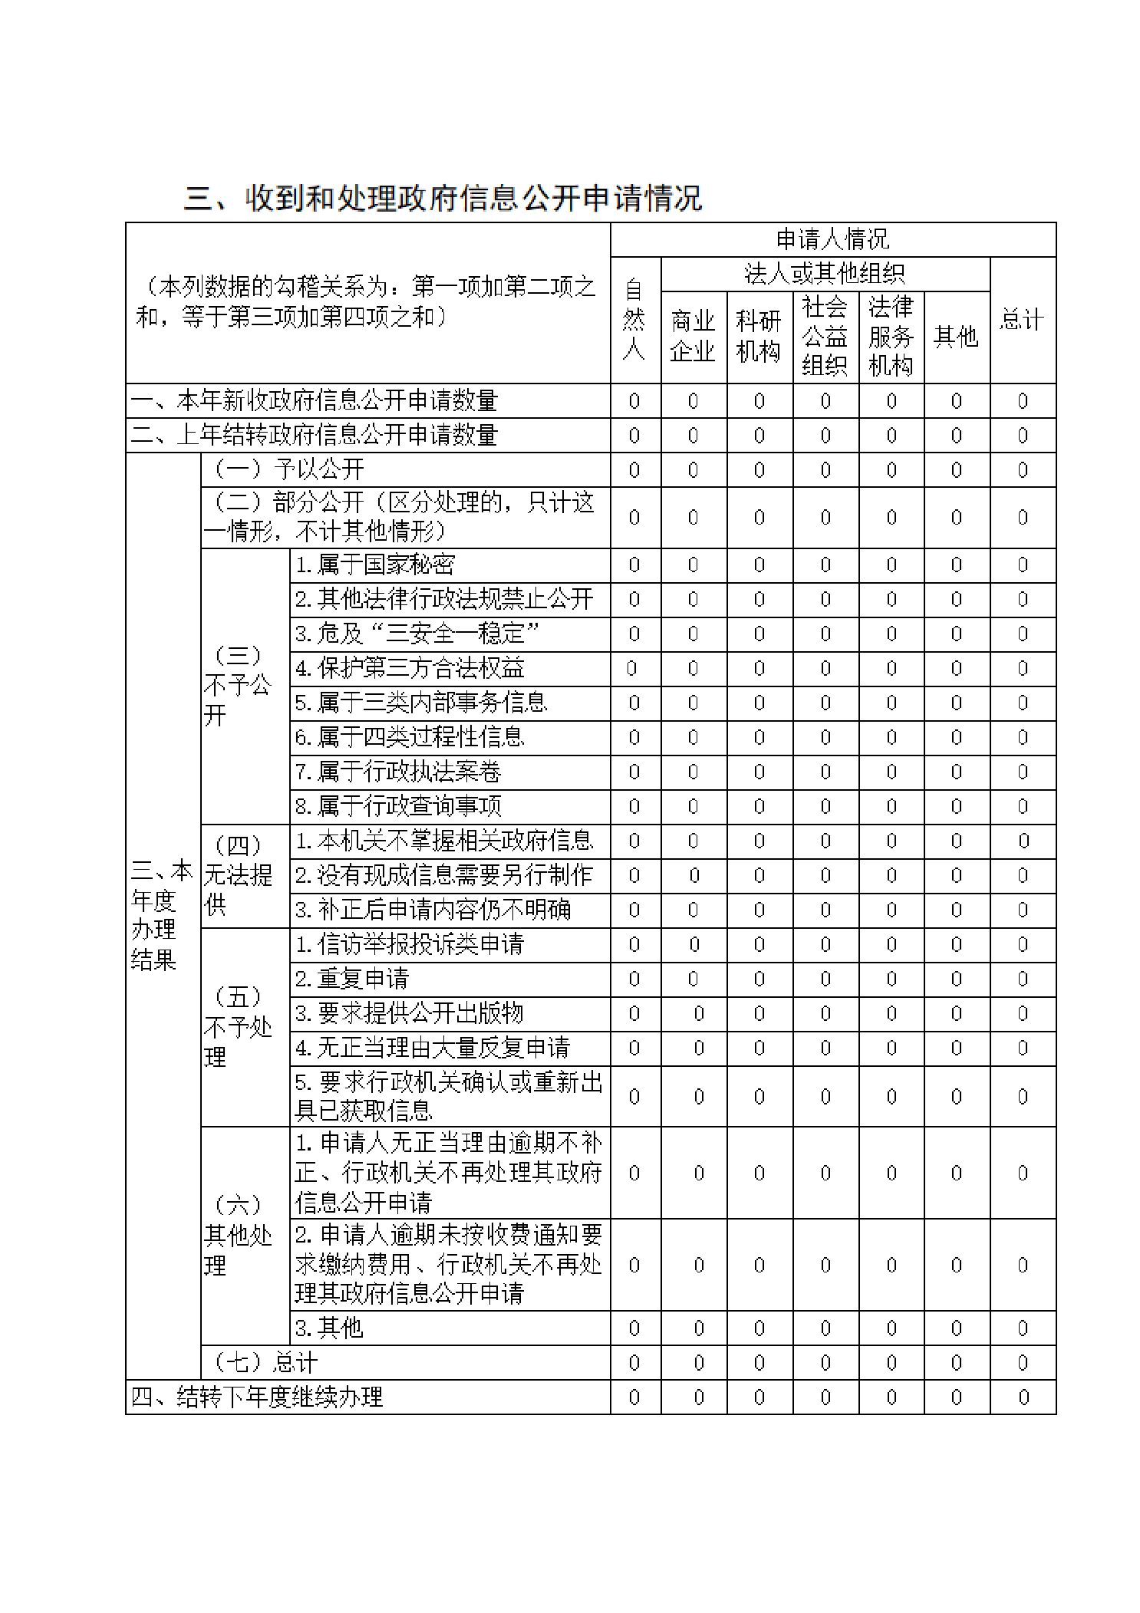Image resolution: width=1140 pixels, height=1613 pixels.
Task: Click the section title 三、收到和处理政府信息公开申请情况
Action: pos(443,199)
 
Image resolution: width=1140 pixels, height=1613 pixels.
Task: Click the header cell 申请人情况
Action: pos(832,239)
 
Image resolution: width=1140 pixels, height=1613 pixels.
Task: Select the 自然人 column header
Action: pos(634,320)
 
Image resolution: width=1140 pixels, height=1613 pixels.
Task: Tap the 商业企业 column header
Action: pos(693,336)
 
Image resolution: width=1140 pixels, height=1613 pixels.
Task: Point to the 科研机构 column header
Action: pos(759,336)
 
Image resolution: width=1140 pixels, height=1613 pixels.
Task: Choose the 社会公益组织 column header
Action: pos(825,336)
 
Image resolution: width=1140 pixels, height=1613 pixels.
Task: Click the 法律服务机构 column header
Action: pos(891,336)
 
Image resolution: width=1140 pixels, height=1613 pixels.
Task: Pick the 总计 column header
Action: pos(1022,320)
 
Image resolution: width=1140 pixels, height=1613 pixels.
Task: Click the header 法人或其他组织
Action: pos(825,273)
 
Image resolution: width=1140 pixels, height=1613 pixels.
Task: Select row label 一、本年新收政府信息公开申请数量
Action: pos(315,400)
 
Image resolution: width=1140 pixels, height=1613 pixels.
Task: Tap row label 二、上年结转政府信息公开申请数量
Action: pos(315,435)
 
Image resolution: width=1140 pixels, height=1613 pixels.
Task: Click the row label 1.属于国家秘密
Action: pos(375,565)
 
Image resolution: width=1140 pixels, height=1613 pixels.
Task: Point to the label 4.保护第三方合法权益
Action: pos(410,668)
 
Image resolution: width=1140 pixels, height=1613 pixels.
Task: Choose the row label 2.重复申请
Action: pos(352,979)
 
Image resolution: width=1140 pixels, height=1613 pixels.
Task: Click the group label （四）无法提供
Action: pos(239,875)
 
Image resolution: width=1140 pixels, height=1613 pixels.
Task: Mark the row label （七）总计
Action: pos(265,1362)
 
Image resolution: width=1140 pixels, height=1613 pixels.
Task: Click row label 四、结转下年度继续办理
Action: pos(257,1397)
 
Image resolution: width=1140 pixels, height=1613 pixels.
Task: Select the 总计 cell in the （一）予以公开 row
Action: pos(1022,469)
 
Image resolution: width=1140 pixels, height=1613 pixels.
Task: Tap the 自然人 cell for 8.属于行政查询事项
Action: pos(634,806)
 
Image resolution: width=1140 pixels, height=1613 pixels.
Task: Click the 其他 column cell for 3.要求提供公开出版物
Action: pos(956,1013)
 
